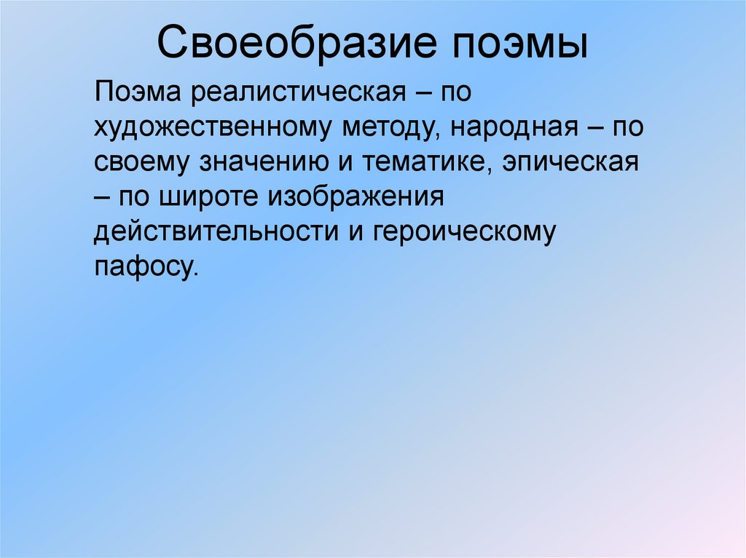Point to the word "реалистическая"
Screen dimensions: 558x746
click(x=298, y=93)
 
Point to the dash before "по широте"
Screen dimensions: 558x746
click(x=102, y=196)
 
